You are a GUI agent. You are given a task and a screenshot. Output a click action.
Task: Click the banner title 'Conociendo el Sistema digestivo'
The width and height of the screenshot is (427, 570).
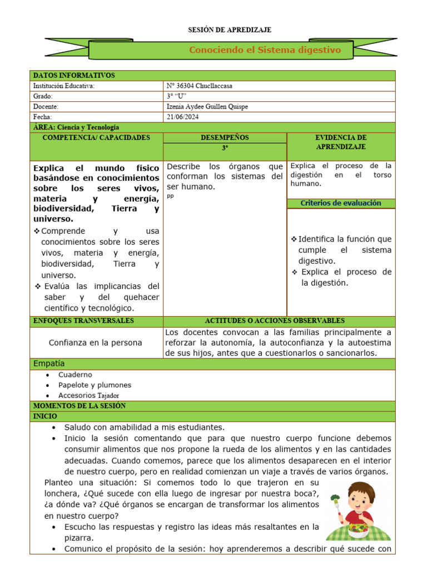pos(265,50)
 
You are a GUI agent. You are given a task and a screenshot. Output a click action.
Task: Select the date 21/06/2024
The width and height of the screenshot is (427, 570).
pos(182,117)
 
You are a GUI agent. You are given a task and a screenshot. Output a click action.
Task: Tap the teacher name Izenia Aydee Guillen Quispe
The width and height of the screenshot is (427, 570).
pos(207,106)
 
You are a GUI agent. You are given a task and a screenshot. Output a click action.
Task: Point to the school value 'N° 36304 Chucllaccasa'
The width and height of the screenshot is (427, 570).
pos(200,86)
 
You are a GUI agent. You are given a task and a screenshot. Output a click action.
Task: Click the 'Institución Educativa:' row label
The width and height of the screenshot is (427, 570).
pos(64,86)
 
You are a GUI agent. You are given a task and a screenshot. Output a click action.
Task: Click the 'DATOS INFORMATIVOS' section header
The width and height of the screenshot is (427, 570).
pos(74,75)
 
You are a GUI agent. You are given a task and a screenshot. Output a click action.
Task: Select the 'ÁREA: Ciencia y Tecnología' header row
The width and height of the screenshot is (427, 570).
pos(76,127)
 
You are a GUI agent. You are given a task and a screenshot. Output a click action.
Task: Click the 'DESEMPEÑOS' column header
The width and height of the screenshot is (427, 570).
pos(225,137)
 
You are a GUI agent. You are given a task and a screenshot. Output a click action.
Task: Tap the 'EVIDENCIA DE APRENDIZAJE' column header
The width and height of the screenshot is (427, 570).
pos(341,142)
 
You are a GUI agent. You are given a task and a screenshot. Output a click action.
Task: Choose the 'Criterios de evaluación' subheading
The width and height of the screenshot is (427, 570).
pos(341,203)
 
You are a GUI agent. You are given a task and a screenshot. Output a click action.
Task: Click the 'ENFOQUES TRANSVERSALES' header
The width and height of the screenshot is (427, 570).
pos(83,321)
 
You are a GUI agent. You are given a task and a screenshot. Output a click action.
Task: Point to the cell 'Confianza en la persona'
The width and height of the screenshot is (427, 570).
pos(96,342)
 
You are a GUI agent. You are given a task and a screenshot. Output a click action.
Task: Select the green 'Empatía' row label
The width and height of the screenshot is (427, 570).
pos(49,363)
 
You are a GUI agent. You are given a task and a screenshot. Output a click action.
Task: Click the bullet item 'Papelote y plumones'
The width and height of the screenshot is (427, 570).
pos(95,385)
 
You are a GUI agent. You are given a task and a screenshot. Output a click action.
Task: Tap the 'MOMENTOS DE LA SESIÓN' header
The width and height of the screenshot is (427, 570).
pos(80,406)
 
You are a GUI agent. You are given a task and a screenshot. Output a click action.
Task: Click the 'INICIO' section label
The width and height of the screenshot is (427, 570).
pos(45,416)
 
